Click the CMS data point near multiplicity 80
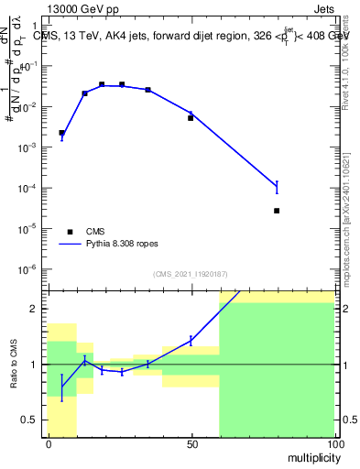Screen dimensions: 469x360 tap(277, 211)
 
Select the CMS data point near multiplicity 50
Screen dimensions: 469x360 tap(191, 118)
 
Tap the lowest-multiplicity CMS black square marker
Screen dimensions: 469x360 tap(61, 133)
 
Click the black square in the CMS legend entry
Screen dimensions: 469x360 tap(69, 232)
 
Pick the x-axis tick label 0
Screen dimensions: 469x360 tap(48, 444)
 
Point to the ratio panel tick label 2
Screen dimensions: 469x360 tap(38, 309)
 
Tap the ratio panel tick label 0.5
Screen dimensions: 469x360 tap(34, 420)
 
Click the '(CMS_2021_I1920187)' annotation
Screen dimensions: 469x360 tap(190, 274)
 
